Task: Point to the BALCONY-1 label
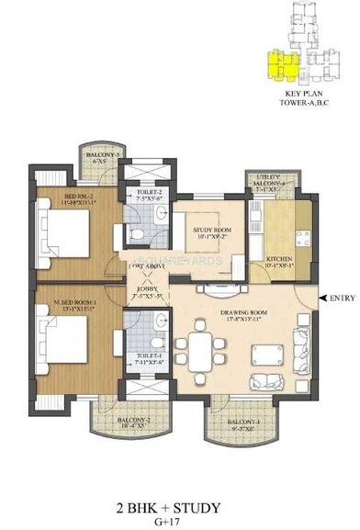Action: tap(244, 424)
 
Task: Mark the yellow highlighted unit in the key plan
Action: tap(276, 65)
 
